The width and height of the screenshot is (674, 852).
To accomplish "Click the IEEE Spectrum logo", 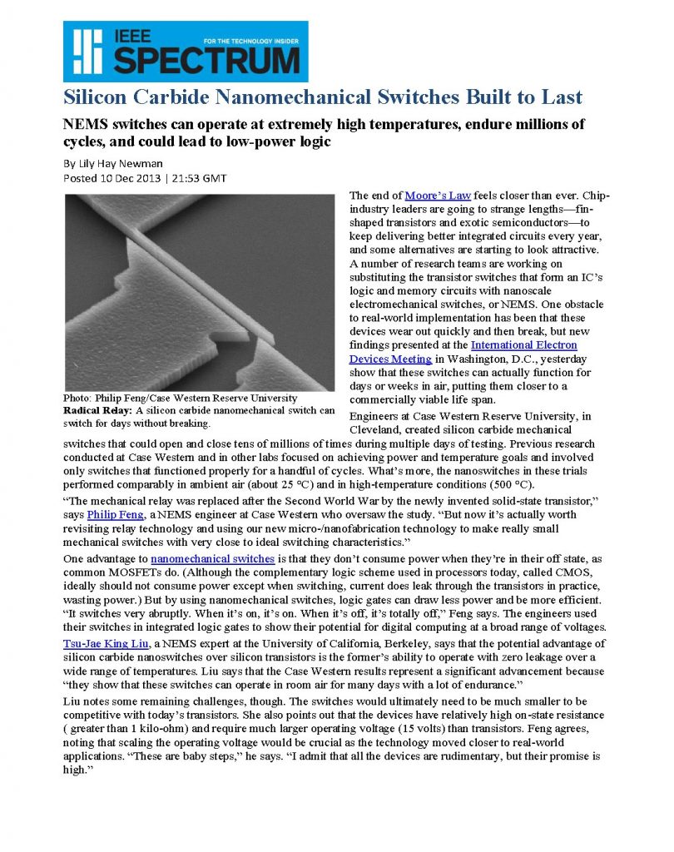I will coord(185,51).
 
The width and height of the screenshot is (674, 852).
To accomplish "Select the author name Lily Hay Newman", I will coord(116,163).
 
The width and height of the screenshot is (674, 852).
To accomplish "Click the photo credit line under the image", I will coord(180,398).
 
